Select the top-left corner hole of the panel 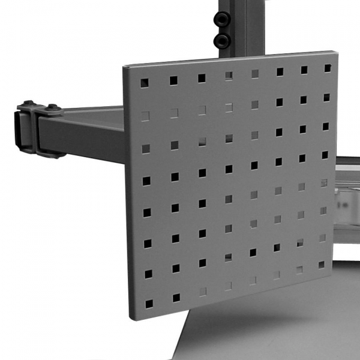click(144, 82)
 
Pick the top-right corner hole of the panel click(328, 68)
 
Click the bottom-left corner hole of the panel click(148, 304)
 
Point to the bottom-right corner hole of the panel click(322, 265)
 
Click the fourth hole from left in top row click(229, 76)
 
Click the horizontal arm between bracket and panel click(90, 132)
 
